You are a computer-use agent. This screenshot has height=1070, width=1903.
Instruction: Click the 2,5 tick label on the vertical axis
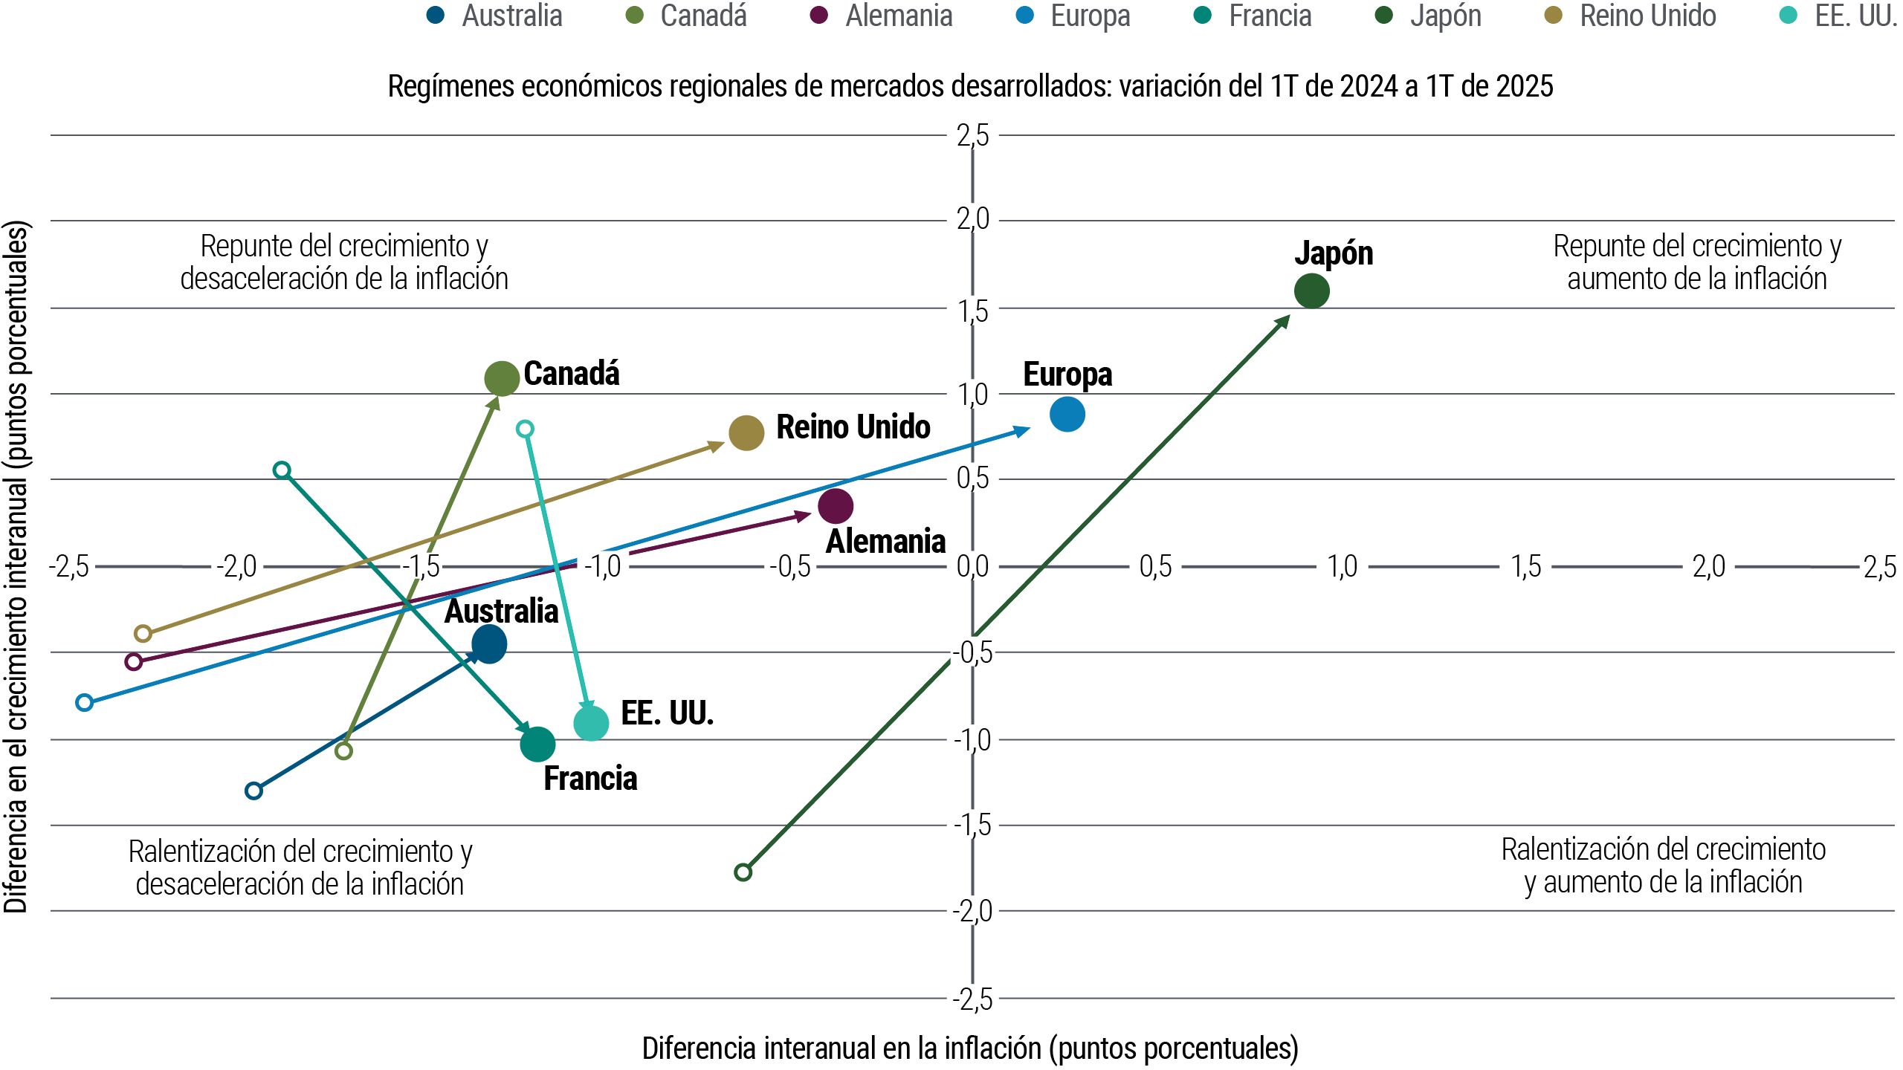[972, 136]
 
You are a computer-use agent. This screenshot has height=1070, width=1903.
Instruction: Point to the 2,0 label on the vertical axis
[972, 219]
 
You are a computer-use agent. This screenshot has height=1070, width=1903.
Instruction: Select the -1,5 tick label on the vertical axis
[972, 825]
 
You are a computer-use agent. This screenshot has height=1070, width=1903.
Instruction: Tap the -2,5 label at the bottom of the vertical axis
[972, 999]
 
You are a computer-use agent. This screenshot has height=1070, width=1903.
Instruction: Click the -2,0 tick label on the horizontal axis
[236, 567]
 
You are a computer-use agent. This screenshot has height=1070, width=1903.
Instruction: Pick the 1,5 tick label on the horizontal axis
[1525, 567]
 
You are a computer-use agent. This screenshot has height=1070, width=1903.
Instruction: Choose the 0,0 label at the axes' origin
[972, 567]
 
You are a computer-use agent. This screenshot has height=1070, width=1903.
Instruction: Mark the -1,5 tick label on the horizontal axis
[421, 567]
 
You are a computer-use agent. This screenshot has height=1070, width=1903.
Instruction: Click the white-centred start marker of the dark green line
[743, 872]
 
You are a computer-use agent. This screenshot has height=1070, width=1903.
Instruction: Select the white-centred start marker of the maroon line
[134, 661]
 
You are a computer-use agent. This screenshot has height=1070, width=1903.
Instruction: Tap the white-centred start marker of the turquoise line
[525, 429]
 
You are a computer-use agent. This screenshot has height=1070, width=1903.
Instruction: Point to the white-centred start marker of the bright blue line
[85, 702]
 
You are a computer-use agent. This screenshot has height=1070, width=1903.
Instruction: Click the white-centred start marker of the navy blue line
[253, 790]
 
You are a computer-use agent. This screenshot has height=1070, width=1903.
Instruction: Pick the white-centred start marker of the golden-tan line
[143, 633]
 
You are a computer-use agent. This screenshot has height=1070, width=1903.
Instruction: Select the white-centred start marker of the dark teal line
[281, 470]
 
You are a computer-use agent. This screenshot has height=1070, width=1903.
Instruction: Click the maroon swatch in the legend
[830, 15]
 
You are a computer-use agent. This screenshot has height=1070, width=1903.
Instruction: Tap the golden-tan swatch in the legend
[1563, 15]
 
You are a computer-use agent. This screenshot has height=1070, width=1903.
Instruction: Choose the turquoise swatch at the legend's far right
[1797, 15]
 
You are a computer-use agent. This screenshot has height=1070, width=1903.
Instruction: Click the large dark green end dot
[1312, 290]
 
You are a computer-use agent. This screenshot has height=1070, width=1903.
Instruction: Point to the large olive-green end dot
[502, 378]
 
